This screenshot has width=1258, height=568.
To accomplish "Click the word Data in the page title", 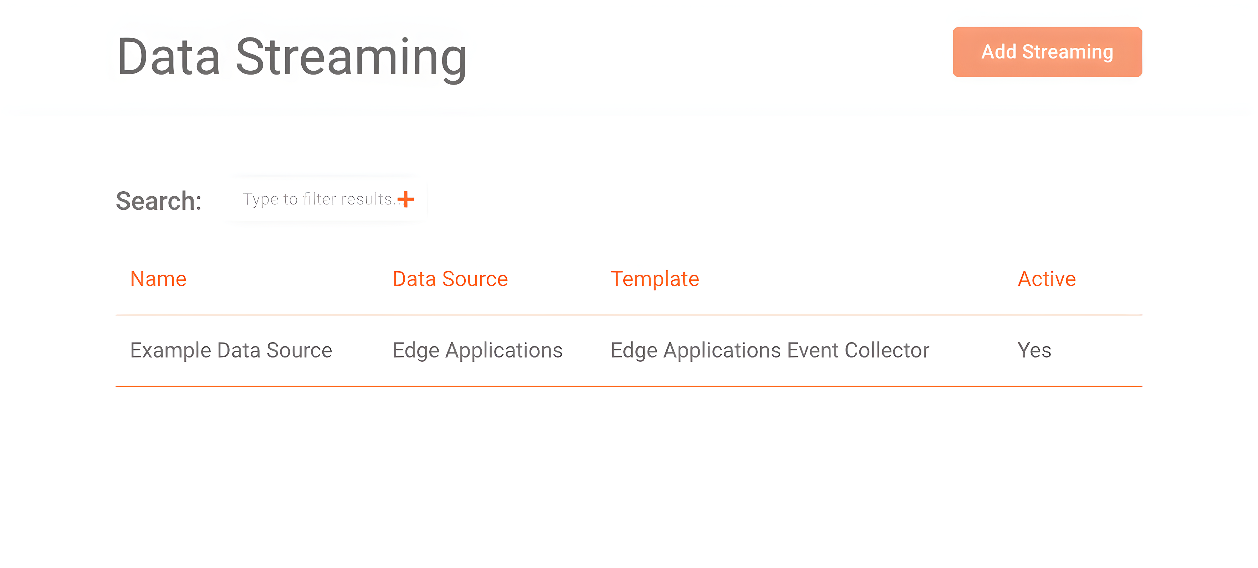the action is pyautogui.click(x=168, y=57).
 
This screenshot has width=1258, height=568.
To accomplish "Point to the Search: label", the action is pyautogui.click(x=159, y=201).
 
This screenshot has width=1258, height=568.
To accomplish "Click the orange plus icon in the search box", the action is pyautogui.click(x=405, y=199).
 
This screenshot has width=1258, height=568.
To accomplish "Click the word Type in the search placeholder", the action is pyautogui.click(x=261, y=199).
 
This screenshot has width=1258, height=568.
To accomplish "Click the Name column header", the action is pyautogui.click(x=158, y=279).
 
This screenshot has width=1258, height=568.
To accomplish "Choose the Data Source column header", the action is pyautogui.click(x=450, y=279).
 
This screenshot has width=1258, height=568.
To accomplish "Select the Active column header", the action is pyautogui.click(x=1047, y=279).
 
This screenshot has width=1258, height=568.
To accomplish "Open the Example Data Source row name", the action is pyautogui.click(x=231, y=350).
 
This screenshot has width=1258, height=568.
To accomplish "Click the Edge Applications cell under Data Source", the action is pyautogui.click(x=477, y=350).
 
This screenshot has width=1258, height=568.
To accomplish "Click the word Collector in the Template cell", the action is pyautogui.click(x=887, y=350).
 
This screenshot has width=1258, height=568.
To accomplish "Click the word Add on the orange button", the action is pyautogui.click(x=999, y=52).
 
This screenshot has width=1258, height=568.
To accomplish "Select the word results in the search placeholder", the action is pyautogui.click(x=367, y=199).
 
